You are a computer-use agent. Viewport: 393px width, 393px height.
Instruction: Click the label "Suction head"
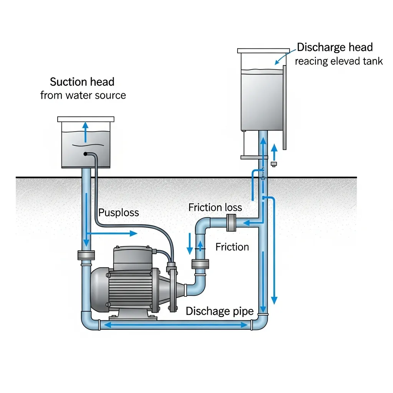pos(82,82)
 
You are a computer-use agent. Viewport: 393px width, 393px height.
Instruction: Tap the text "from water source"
pos(83,95)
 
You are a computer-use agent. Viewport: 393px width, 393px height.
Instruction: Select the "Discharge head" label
pos(335,48)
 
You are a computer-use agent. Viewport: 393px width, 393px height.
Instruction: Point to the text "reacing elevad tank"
pos(339,61)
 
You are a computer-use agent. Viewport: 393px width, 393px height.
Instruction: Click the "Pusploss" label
pos(119,213)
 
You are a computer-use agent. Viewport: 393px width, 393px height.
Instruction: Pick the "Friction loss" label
pos(215,208)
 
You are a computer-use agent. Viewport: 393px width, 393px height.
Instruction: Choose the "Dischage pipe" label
pos(220,311)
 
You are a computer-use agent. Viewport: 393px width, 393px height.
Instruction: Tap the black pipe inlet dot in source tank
pos(85,154)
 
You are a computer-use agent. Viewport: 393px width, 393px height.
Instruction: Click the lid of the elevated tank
pos(263,51)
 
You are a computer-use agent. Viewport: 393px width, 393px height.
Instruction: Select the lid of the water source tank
pos(86,119)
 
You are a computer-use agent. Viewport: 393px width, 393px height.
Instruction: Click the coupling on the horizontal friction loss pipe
pos(231,223)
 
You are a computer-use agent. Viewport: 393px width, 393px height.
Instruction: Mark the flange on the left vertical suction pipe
pos(86,255)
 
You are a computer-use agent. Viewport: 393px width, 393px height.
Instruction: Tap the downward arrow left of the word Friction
pos(190,244)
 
